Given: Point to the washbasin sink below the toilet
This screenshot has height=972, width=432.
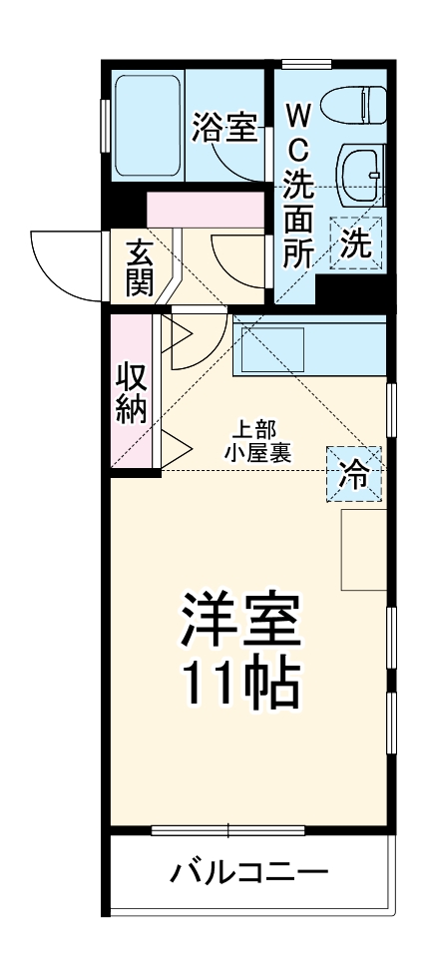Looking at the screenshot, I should (358, 174).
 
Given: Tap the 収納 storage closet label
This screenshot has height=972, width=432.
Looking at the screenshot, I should (131, 393).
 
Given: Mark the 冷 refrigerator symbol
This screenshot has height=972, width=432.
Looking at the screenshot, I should (354, 473).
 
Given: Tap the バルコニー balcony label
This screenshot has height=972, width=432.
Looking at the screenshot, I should (248, 874).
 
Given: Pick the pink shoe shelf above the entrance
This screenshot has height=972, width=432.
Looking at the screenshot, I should (204, 210).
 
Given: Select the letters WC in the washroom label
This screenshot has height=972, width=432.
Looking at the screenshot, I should (298, 129).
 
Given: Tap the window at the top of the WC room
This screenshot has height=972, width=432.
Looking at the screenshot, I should (306, 64).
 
